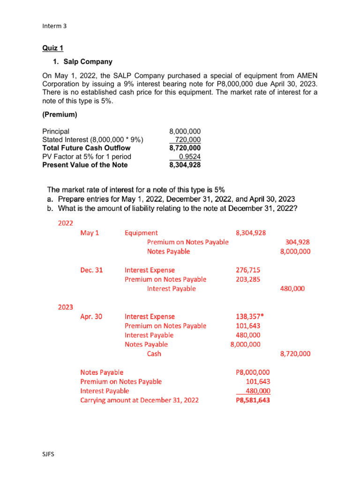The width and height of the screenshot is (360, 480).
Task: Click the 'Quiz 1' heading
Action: (x=53, y=48)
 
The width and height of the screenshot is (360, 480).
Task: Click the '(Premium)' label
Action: (x=60, y=114)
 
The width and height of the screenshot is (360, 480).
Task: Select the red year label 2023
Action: (x=66, y=307)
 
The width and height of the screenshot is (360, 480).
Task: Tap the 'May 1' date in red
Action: (x=90, y=232)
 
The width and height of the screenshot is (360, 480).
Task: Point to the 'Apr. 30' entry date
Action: (x=91, y=316)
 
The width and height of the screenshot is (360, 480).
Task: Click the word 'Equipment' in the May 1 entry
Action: (x=141, y=232)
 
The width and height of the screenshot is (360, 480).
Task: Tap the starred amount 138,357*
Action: (x=249, y=316)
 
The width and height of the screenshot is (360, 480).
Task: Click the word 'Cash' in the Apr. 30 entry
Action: (x=154, y=354)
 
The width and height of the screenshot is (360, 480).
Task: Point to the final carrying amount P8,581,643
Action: (x=253, y=400)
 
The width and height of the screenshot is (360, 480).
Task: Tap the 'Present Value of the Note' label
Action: (x=85, y=165)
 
